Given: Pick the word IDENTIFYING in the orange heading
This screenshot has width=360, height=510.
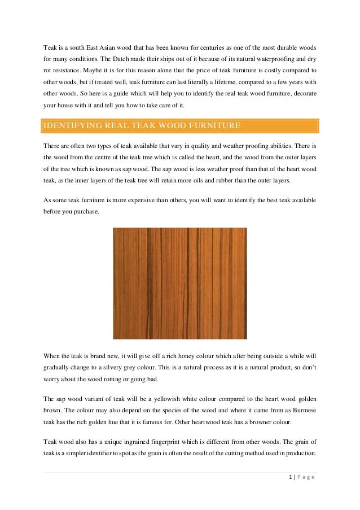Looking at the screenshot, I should [71, 125].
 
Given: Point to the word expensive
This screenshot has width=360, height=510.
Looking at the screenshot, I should [146, 200].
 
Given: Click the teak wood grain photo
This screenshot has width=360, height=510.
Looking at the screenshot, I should [180, 282].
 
